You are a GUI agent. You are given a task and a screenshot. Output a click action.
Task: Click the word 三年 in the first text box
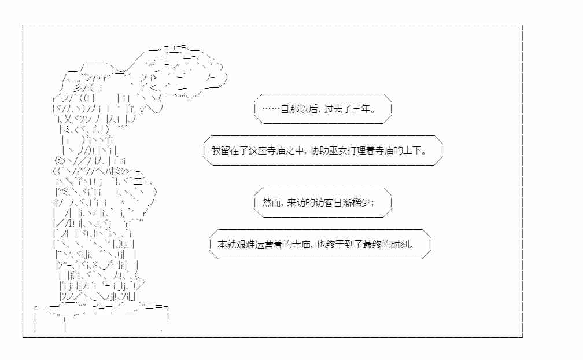pos(361,109)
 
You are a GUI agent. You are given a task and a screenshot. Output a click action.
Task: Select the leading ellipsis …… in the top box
pos(271,109)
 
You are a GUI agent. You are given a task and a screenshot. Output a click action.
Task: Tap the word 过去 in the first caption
pos(333,109)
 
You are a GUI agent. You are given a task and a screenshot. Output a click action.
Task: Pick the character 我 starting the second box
pos(216,150)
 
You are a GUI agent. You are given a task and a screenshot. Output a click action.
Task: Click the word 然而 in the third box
pos(271,203)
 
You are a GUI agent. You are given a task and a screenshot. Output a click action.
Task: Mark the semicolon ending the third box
pos(372,203)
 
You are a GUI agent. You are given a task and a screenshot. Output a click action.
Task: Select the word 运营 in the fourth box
pos(264,244)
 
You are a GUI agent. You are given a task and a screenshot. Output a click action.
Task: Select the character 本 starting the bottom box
pos(222,244)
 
